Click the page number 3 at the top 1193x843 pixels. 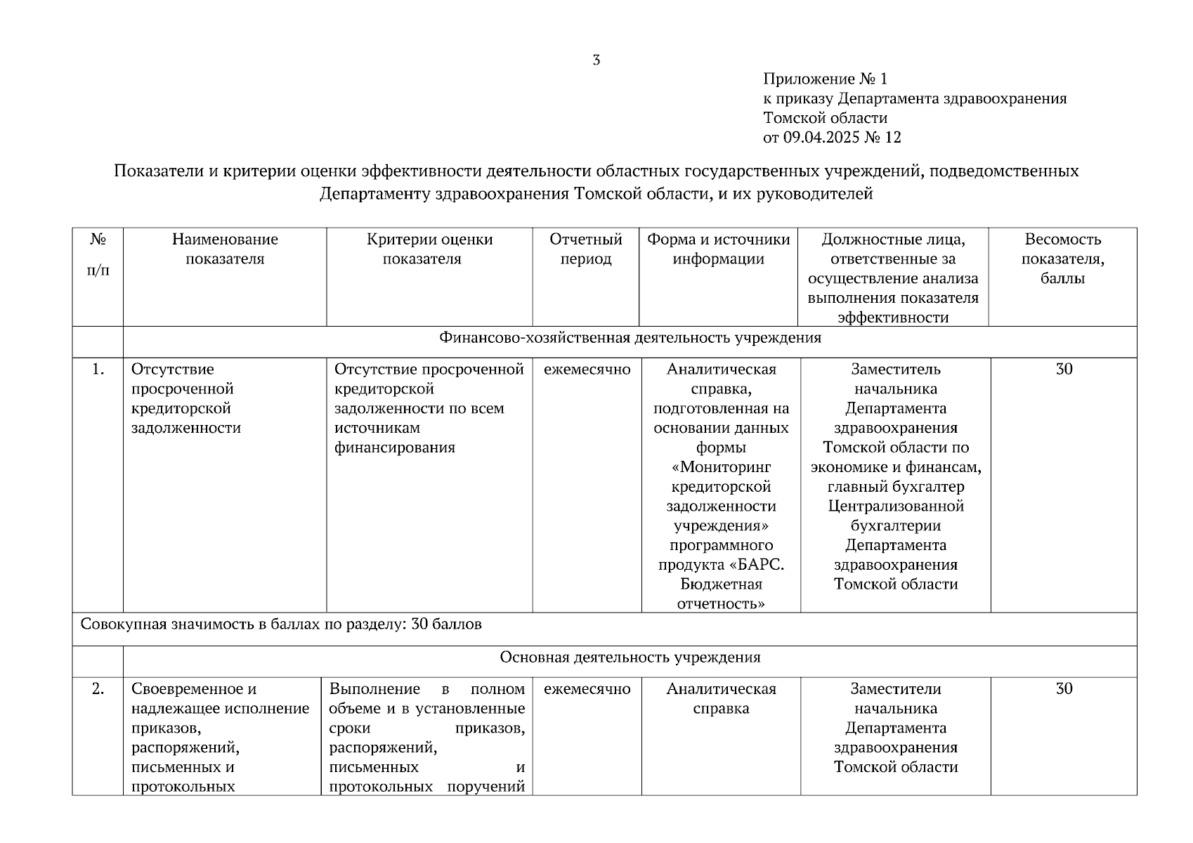[x=596, y=60]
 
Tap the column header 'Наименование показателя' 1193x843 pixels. [x=225, y=249]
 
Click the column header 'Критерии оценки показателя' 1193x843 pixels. [x=429, y=249]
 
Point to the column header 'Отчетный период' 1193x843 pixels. [x=586, y=249]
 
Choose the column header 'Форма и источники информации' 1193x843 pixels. [x=718, y=249]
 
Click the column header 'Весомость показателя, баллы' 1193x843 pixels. [x=1062, y=259]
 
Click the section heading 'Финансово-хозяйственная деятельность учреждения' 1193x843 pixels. [x=630, y=338]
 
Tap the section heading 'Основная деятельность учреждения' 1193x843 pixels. [x=630, y=658]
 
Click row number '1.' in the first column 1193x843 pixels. [x=98, y=370]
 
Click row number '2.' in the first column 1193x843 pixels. [x=98, y=689]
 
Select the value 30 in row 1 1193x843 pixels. [x=1064, y=370]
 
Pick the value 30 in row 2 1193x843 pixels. [x=1064, y=689]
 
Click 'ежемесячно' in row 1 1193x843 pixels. [x=587, y=370]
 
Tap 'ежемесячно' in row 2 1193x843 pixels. [x=587, y=689]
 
